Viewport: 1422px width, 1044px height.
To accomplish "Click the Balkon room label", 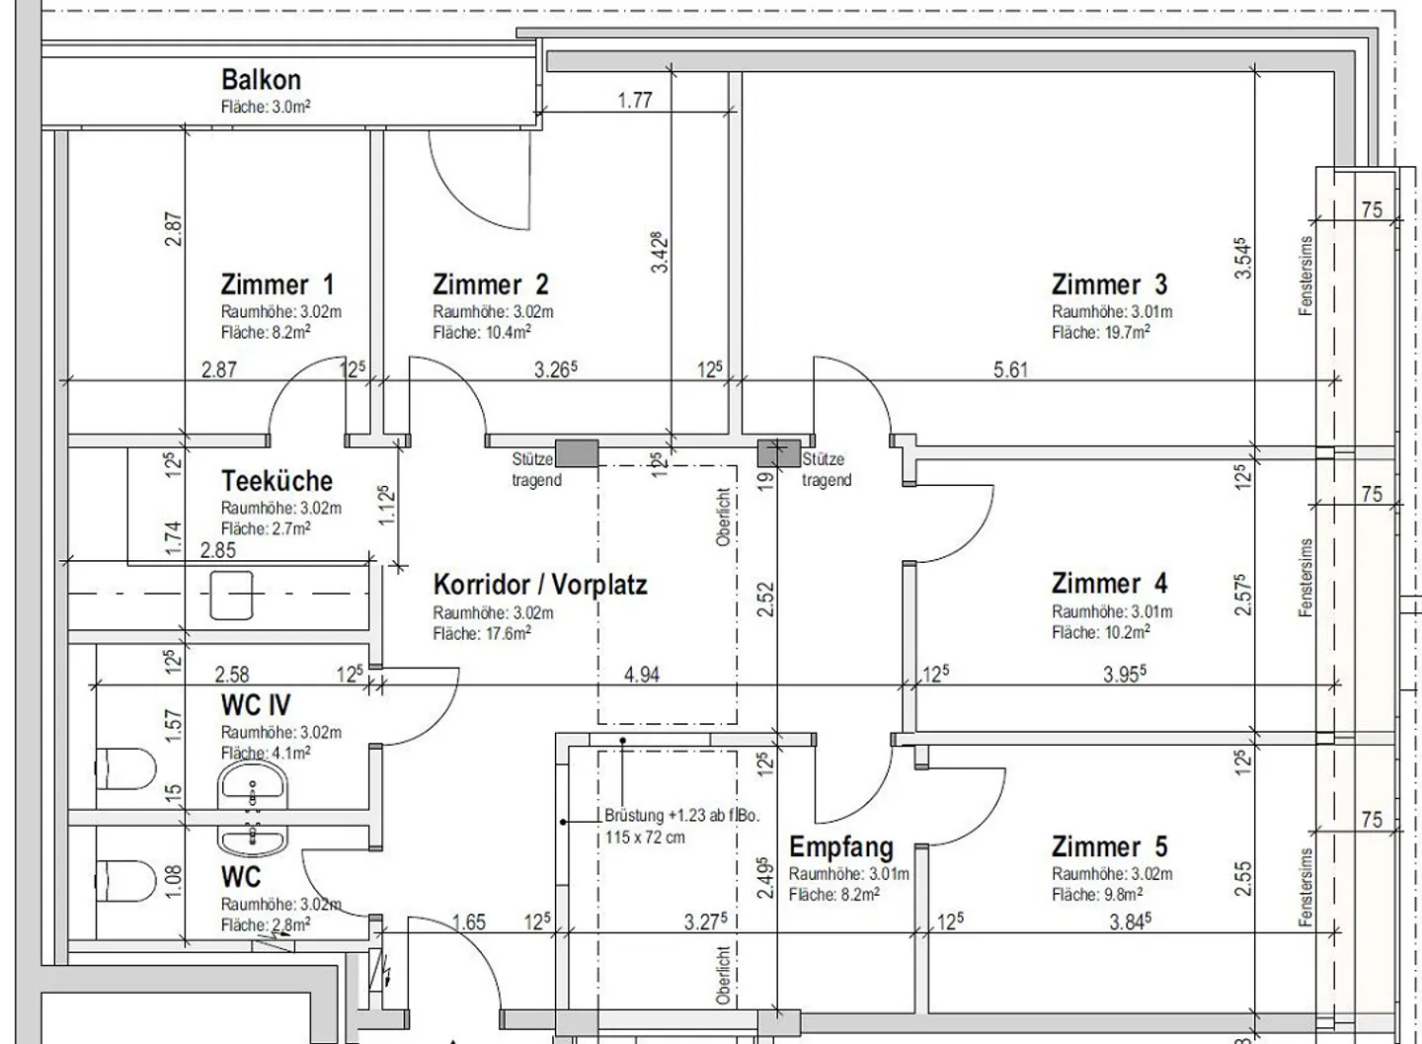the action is pos(261,80).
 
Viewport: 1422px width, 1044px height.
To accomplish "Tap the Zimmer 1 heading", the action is pos(277,284).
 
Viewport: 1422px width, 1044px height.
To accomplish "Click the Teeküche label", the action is pos(276,481).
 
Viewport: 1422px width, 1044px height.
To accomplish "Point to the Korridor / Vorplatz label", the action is pos(540,585).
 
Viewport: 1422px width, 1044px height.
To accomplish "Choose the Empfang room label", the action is pos(841,846).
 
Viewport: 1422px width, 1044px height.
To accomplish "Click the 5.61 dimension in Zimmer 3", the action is pos(1010,369).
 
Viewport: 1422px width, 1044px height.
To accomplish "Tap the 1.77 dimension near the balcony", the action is pos(635,101).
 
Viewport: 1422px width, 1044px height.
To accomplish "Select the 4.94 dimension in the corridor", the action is pos(642,675).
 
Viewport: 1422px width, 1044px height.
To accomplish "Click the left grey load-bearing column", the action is pos(577,453).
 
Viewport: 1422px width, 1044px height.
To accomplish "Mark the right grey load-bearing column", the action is pos(779,453).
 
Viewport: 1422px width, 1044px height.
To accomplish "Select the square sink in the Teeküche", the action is pos(231,595).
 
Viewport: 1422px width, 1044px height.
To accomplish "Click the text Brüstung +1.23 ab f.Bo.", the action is pos(681,816).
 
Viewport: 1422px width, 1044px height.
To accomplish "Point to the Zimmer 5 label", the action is pos(1110,846).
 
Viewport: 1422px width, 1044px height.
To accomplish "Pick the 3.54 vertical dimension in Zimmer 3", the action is pos(1243,259).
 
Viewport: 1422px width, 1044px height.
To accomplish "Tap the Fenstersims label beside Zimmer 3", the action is pos(1305,276).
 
